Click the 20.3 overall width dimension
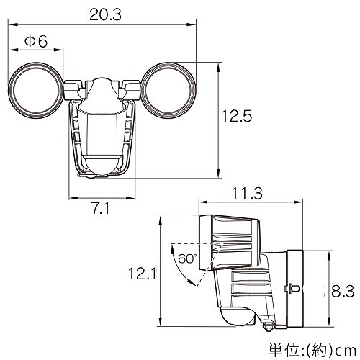(x=106, y=14)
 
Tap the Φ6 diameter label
(x=36, y=42)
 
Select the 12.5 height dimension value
(x=237, y=116)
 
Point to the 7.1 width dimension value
(x=101, y=208)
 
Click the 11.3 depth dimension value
(x=247, y=194)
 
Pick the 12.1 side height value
(x=142, y=274)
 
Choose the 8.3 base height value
(x=343, y=292)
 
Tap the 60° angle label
(x=187, y=258)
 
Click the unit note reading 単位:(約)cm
(x=312, y=351)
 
